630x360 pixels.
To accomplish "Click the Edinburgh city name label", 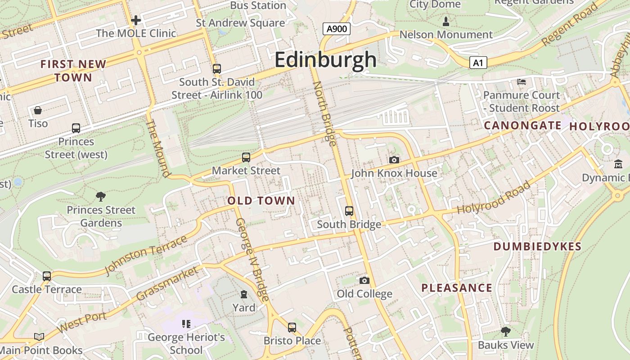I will (x=325, y=59).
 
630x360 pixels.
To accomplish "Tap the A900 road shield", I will (x=337, y=29).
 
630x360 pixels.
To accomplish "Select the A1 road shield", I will (x=478, y=63).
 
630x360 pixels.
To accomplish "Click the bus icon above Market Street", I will (x=246, y=157).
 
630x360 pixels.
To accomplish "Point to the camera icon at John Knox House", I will (x=394, y=160).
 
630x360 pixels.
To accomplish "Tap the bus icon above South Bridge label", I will (x=349, y=211).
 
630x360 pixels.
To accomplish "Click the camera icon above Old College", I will (x=364, y=280).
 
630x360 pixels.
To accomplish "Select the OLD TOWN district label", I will (x=261, y=201).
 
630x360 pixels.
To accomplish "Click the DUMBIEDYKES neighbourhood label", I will (x=537, y=247).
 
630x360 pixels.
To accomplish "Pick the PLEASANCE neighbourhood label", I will (x=456, y=288).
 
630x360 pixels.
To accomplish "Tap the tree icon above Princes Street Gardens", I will (x=101, y=196).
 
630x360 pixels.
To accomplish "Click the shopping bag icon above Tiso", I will (x=38, y=110).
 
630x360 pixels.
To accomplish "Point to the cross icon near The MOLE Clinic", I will (x=135, y=20).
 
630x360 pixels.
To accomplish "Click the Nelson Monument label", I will (x=445, y=35).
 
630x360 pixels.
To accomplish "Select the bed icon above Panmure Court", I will (x=521, y=81).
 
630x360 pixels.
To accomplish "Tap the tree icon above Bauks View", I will (x=505, y=332).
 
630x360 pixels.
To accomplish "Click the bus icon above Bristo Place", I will (x=292, y=327).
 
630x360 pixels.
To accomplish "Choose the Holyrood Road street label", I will (x=494, y=198).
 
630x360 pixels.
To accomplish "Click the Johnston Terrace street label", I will (x=146, y=255).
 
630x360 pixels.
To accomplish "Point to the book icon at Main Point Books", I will (x=39, y=337).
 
